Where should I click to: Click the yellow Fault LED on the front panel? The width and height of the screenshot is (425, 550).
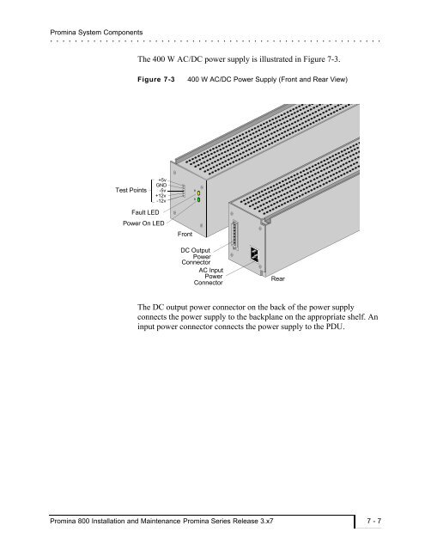pos(198,193)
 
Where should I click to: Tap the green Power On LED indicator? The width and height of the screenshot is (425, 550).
pos(198,200)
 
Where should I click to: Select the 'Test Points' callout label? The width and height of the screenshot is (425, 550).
pos(131,190)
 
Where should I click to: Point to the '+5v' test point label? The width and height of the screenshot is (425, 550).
pos(162,180)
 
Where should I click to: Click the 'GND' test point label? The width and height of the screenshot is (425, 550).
pos(161,186)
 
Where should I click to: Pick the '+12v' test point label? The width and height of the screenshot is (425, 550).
pos(161,196)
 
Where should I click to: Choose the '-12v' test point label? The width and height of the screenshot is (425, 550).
pos(161,201)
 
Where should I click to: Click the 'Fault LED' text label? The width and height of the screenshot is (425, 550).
pos(145,212)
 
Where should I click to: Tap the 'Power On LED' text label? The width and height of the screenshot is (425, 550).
pos(143,223)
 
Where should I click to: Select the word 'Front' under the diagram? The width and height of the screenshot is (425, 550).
pos(185,234)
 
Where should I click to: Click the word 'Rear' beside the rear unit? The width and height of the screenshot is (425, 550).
pos(278,278)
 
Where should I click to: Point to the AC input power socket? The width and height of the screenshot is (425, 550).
pos(255,254)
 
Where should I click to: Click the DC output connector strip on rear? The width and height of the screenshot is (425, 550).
pos(234,235)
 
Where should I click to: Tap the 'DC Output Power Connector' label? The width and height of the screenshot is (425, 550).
pos(196,256)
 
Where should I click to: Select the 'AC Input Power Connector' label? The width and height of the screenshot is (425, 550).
pos(209,277)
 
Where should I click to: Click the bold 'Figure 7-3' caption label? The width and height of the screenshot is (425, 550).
pos(156,79)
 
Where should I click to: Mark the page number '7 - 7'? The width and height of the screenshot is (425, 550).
pos(373,521)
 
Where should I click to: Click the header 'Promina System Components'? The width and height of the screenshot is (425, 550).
pos(96,33)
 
